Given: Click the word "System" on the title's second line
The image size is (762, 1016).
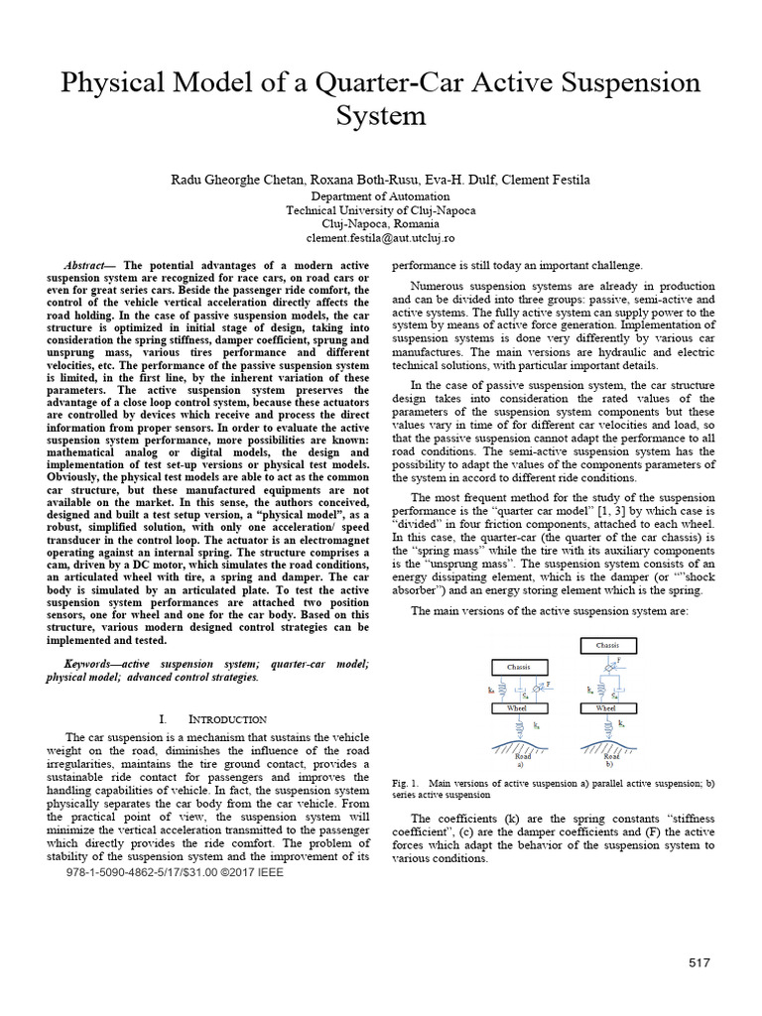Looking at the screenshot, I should click(x=380, y=117).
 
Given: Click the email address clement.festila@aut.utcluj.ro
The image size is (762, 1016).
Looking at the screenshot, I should click(x=380, y=239).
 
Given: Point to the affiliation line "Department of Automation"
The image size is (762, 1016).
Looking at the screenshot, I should click(x=380, y=196).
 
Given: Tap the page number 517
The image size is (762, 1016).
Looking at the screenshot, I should click(x=702, y=963).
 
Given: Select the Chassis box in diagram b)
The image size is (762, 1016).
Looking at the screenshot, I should click(x=607, y=645).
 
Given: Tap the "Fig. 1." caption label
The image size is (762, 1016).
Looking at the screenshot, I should click(x=406, y=783).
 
